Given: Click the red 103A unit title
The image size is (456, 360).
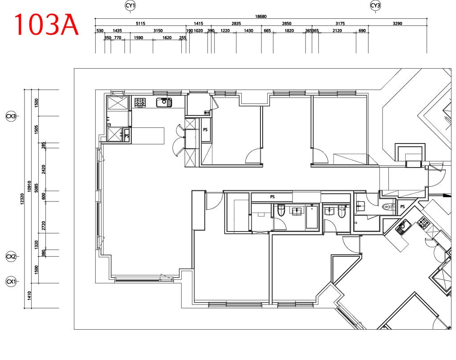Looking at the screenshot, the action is [x=46, y=25].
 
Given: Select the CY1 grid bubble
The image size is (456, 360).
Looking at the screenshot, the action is [x=130, y=5].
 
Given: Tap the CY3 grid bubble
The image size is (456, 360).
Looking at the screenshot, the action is [x=375, y=5].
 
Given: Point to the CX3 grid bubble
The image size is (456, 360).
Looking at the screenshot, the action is [x=11, y=116].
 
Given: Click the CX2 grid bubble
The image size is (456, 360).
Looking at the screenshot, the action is [x=11, y=257].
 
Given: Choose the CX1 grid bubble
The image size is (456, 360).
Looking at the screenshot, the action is [x=11, y=282].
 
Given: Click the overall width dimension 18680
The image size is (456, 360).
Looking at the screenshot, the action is [x=261, y=16].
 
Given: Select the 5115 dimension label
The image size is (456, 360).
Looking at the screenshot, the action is [x=140, y=24].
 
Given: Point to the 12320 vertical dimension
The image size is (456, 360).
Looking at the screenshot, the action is [x=22, y=199].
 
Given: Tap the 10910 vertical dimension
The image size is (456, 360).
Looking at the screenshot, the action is [x=29, y=186].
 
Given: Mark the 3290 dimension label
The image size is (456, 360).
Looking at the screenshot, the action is [x=397, y=24].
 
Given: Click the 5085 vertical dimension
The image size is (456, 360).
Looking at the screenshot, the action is [x=37, y=188].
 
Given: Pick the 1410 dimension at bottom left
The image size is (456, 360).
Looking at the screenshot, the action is [x=29, y=296].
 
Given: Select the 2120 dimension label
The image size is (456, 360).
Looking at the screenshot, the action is [x=337, y=31].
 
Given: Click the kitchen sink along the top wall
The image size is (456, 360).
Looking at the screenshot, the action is [x=164, y=102].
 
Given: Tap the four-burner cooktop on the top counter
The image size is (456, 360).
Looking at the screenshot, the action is [x=140, y=102].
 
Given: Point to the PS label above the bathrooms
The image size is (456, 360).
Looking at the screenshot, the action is [x=273, y=197].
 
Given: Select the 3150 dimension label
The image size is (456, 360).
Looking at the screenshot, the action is [x=158, y=31].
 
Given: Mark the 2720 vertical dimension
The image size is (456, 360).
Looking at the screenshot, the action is [x=44, y=225].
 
